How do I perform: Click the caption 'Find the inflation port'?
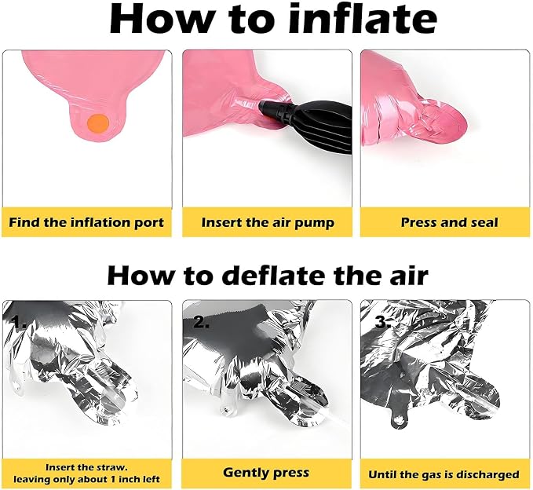(x=86, y=223)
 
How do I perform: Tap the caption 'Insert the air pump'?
(x=268, y=223)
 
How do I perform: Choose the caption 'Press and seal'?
(x=449, y=222)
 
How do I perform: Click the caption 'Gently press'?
(x=266, y=473)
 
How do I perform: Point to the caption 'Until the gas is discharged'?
(x=444, y=474)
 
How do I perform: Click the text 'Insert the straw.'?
(x=86, y=467)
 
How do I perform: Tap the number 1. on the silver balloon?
(x=18, y=322)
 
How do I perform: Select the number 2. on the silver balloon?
(x=202, y=321)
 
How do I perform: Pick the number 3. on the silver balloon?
(x=383, y=322)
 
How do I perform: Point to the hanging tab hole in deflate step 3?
(x=399, y=420)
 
